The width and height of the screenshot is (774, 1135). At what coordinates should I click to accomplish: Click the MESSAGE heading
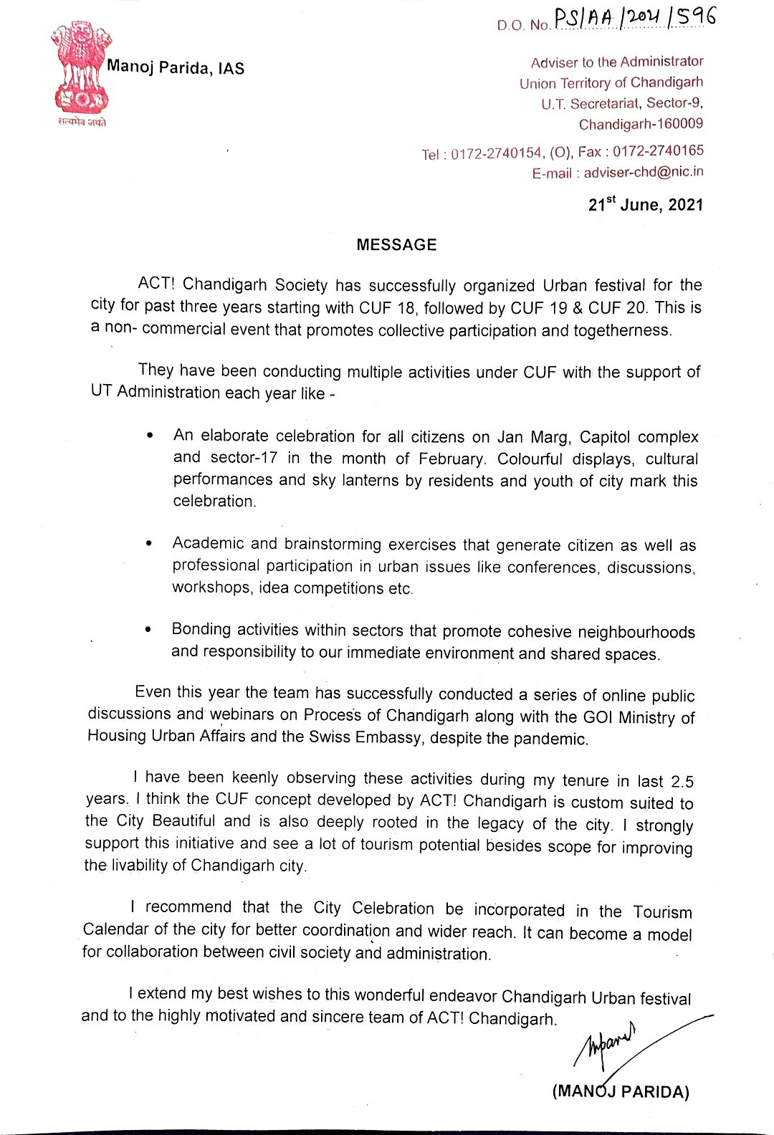coord(396,245)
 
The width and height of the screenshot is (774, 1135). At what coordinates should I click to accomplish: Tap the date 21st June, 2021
coord(645,205)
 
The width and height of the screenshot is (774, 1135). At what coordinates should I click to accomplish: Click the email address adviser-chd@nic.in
coord(643,172)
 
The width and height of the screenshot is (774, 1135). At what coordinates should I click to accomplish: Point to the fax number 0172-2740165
coord(658,151)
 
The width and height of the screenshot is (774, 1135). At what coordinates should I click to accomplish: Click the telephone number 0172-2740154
coord(496,153)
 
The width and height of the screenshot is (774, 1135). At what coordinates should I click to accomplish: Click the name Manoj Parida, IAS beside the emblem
coord(176,68)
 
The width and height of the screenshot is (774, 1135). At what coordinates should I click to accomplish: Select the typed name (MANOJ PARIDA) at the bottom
coord(620,1091)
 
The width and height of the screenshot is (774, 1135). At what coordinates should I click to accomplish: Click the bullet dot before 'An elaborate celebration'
coord(149,435)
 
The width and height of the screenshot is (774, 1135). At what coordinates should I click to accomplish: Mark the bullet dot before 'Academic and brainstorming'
coord(148,544)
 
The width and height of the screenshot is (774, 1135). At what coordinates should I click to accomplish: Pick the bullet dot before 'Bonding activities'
coord(148,629)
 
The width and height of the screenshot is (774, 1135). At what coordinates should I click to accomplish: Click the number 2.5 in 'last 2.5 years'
coord(682,781)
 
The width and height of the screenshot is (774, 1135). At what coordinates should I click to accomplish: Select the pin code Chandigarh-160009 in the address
coord(641,124)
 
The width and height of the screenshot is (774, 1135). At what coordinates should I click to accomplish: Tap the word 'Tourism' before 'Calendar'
coord(662,912)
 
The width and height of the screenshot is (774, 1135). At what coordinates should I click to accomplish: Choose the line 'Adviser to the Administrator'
coord(616,62)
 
